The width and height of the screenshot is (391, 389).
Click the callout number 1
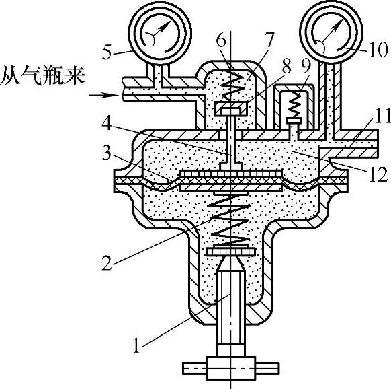pos(136,345)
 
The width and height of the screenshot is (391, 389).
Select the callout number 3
pos(106,153)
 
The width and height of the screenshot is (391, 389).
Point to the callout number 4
pos(106,123)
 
